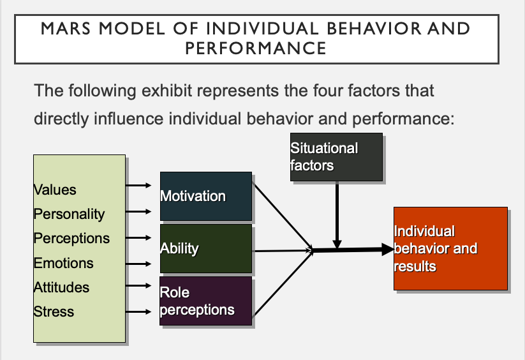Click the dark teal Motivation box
pyautogui.click(x=205, y=195)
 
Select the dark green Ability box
pyautogui.click(x=205, y=248)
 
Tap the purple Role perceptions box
pyautogui.click(x=205, y=301)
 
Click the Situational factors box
pyautogui.click(x=336, y=156)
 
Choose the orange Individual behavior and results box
pyautogui.click(x=450, y=248)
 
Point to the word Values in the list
pyautogui.click(x=55, y=190)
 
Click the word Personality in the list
pyautogui.click(x=69, y=214)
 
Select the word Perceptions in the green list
pyautogui.click(x=71, y=238)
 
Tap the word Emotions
pyautogui.click(x=63, y=263)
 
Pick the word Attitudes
pyautogui.click(x=61, y=287)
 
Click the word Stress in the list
pyautogui.click(x=54, y=311)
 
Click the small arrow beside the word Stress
pyautogui.click(x=138, y=312)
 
